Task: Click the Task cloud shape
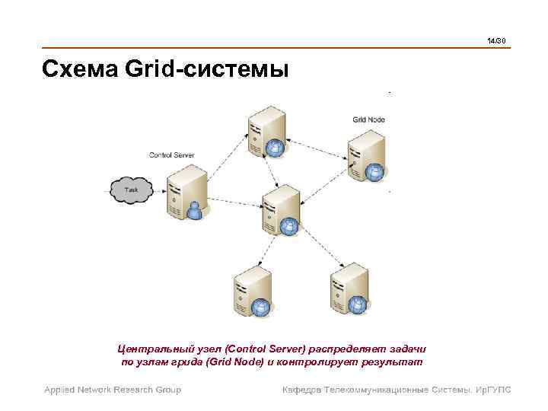tap(131, 191)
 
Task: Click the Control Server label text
tap(171, 155)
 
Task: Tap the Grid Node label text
tap(368, 119)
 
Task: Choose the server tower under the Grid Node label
tap(366, 155)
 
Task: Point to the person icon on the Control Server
tap(196, 209)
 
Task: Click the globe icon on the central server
tap(290, 226)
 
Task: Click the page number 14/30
tap(497, 40)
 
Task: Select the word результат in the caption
tap(395, 362)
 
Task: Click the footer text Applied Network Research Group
tap(112, 390)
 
